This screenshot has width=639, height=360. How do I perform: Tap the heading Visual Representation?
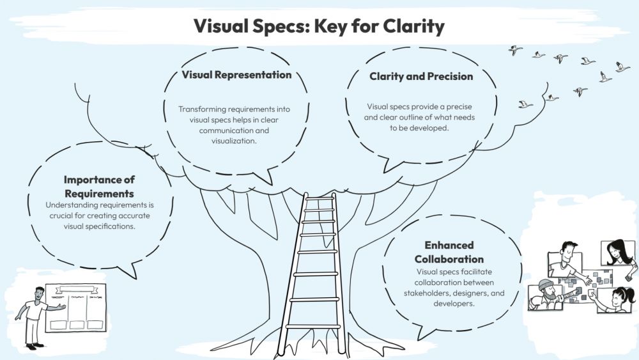[x=236, y=75]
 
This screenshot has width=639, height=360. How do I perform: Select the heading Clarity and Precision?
[x=421, y=77]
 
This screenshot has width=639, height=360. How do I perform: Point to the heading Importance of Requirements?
[x=99, y=186]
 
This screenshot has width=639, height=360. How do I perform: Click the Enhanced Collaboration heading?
[x=449, y=252]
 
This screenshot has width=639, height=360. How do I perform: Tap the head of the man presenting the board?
[x=40, y=294]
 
